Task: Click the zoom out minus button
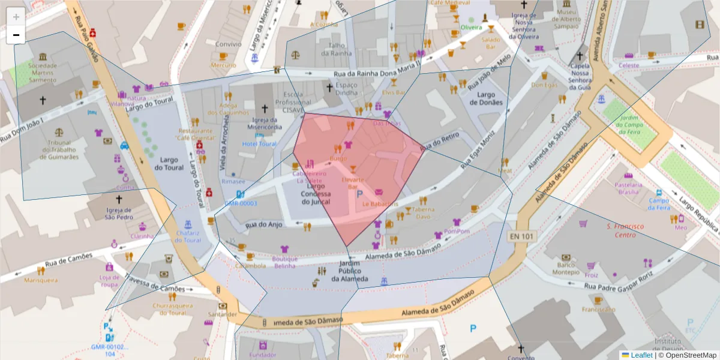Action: click(x=16, y=35)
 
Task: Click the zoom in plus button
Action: click(x=16, y=17)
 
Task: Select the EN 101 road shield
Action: click(x=520, y=236)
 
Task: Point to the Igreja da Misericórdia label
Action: click(x=265, y=123)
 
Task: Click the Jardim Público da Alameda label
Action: click(x=349, y=271)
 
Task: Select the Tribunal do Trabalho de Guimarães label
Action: click(x=59, y=150)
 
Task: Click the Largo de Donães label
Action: click(x=486, y=98)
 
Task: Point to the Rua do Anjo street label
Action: click(x=263, y=224)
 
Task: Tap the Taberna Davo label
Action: click(x=423, y=213)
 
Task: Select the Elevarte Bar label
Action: click(x=353, y=183)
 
